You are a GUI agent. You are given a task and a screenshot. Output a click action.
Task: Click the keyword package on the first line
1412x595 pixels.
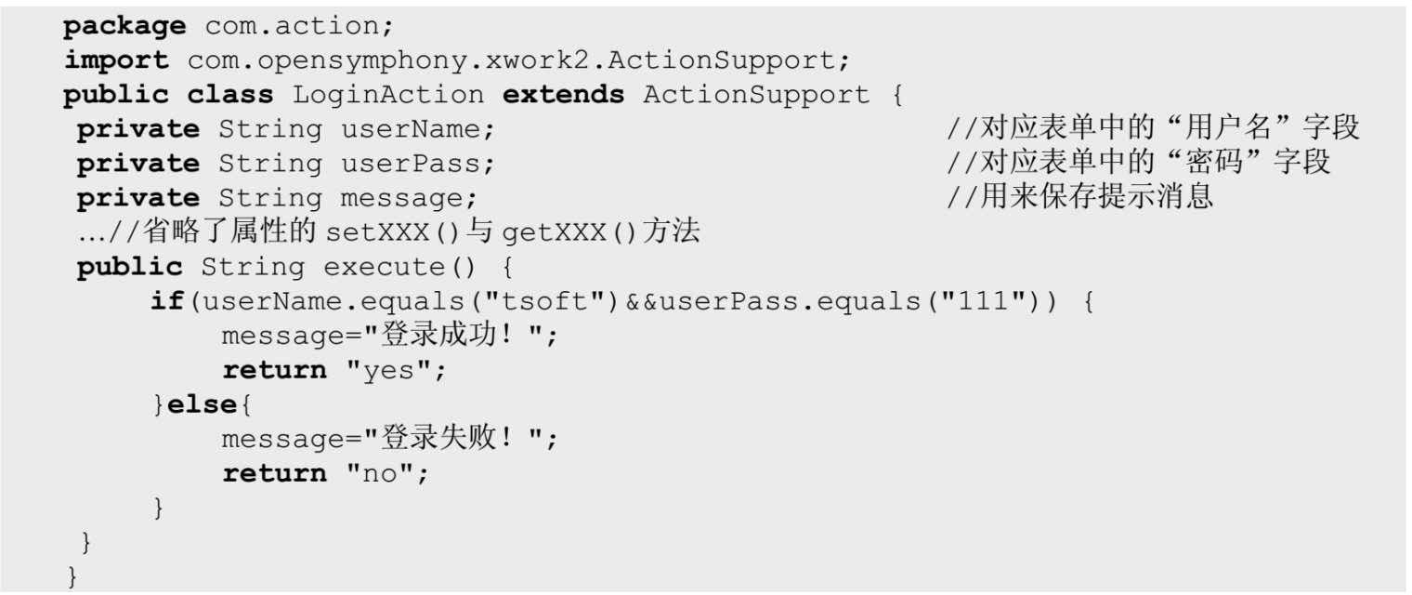(124, 27)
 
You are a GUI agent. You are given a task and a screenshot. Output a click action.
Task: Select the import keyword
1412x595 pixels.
(116, 61)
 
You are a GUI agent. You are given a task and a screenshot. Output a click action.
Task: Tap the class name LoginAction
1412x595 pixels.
(387, 95)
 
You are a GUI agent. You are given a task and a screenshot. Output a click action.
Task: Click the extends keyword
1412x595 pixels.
(564, 95)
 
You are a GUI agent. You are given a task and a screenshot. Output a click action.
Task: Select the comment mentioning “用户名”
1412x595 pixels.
(1153, 129)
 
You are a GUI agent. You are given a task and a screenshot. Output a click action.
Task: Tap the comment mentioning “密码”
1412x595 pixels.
(1139, 164)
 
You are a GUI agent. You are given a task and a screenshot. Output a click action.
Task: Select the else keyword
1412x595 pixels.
(203, 404)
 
